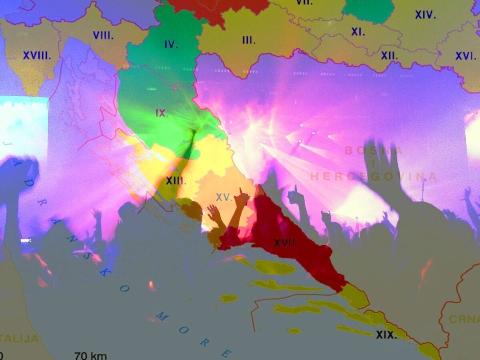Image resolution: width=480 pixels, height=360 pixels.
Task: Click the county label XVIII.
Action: tap(37, 56)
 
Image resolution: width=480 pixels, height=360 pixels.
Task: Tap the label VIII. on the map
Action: tap(103, 35)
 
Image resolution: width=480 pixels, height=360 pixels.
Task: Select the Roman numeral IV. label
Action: tap(171, 44)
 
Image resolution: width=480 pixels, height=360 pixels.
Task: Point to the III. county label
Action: tap(248, 40)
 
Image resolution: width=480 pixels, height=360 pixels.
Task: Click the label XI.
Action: tap(358, 32)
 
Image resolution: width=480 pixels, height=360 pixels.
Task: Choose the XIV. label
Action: tap(425, 15)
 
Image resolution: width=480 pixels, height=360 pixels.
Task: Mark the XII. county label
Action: tap(389, 56)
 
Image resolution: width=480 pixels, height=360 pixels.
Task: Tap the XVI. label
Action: tap(465, 56)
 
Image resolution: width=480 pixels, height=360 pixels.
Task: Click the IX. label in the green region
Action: tap(162, 113)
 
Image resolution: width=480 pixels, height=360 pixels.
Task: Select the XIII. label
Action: tap(176, 181)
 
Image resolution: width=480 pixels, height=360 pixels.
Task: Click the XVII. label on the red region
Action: tap(284, 242)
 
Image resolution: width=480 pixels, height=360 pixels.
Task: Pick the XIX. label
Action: tap(386, 335)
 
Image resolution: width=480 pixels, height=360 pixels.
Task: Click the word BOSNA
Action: tap(373, 151)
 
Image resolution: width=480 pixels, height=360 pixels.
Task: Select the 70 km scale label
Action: tap(90, 355)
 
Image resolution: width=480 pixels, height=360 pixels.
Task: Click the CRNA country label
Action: tap(464, 319)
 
